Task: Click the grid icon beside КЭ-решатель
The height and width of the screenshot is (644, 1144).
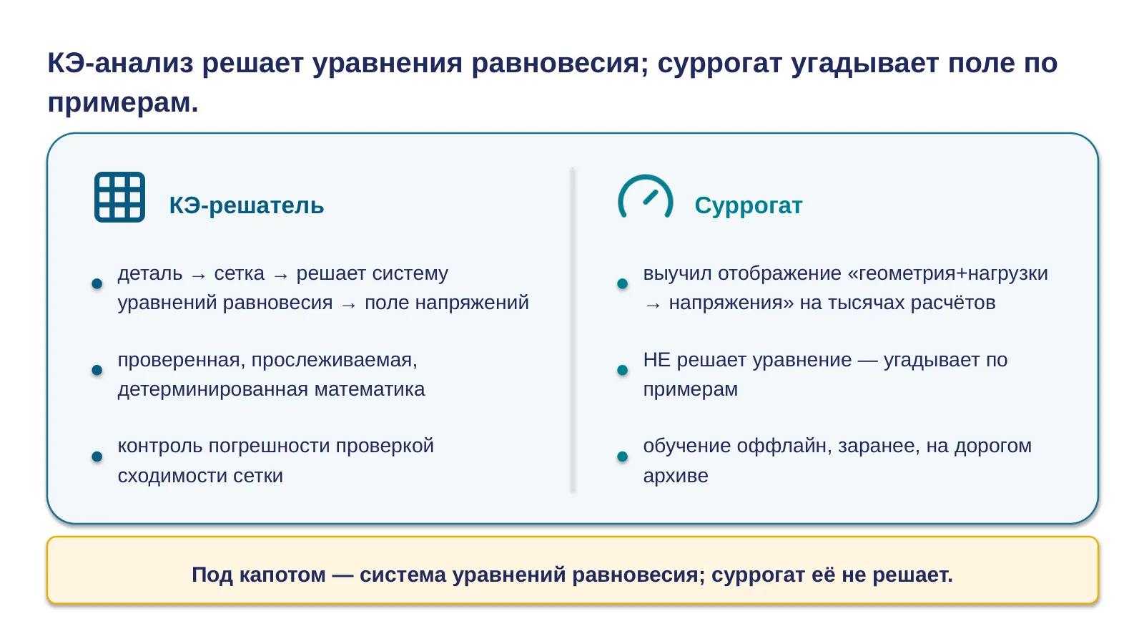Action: tap(119, 197)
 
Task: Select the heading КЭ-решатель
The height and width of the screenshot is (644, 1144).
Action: tap(247, 205)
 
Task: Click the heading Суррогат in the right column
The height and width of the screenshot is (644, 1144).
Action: tap(748, 205)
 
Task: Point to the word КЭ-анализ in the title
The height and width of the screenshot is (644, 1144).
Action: tap(121, 63)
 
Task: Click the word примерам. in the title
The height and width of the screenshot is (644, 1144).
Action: tap(122, 102)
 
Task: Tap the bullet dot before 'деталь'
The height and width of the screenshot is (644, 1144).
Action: tap(97, 283)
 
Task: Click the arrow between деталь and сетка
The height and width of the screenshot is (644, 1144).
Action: tap(198, 276)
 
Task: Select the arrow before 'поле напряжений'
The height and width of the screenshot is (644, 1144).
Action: tap(349, 305)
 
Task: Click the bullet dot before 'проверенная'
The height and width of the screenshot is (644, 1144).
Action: tap(97, 370)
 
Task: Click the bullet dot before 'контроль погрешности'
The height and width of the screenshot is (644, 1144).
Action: tap(97, 457)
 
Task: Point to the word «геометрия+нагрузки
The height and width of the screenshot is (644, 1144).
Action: tap(948, 273)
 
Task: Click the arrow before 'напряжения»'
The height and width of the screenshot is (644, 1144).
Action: tap(654, 305)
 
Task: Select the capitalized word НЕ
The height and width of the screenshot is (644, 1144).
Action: tap(657, 360)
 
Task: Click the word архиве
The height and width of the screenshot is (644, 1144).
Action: tap(676, 476)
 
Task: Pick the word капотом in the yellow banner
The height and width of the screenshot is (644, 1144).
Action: tap(282, 575)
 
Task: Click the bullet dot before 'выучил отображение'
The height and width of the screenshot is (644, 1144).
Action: tap(623, 283)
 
